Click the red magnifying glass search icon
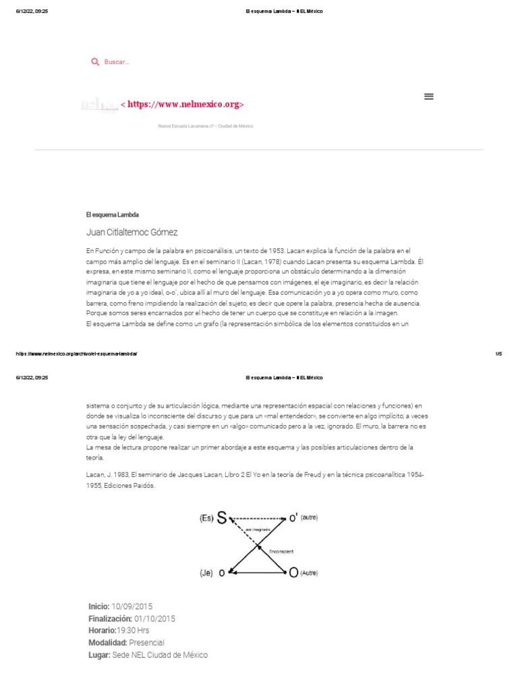tap(95, 62)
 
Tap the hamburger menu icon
tap(428, 96)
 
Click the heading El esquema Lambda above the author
tap(112, 215)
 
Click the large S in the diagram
tap(222, 518)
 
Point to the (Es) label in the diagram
tap(206, 518)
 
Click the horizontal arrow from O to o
tap(258, 572)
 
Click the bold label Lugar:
tap(99, 655)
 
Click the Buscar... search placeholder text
tap(116, 62)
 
